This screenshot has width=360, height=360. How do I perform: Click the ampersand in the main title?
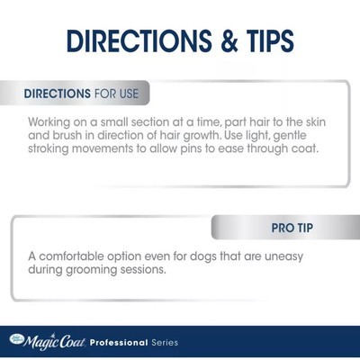pos(229,40)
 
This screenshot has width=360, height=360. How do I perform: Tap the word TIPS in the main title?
pos(270,40)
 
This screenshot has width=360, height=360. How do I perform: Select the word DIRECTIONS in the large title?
pos(139,40)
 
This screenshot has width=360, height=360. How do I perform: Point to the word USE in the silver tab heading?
pos(129,94)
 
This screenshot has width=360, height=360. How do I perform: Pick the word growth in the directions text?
pos(201,136)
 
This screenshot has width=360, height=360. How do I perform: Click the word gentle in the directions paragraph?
pos(290,136)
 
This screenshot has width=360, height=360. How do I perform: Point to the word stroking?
pos(49,148)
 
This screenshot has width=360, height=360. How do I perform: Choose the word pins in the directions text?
pos(191,148)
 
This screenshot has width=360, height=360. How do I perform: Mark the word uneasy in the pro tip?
pos(283,257)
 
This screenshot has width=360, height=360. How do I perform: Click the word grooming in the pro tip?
pos(92,270)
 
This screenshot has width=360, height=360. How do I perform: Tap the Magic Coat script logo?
pos(48,342)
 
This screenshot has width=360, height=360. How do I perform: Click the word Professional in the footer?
pos(119,343)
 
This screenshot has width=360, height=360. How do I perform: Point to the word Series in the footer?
pos(165,343)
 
